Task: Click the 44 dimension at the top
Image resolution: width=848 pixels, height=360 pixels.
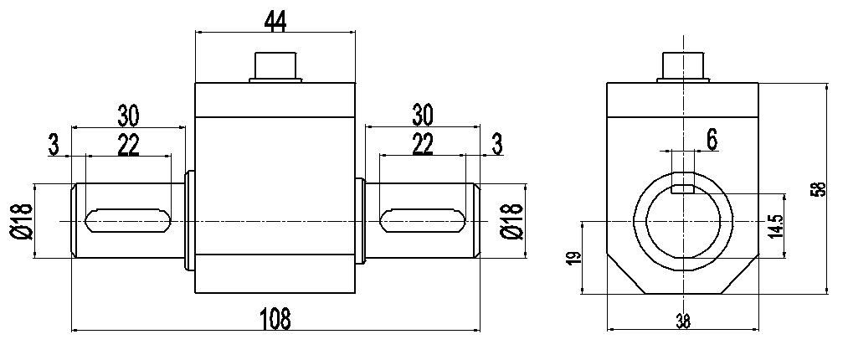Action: point(275,21)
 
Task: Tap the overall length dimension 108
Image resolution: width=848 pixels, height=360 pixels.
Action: point(275,319)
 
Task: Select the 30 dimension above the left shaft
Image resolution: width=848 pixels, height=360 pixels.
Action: point(128,116)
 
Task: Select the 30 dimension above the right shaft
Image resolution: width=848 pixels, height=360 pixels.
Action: point(423,116)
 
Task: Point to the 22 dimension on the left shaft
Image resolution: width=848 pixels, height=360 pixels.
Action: point(128,146)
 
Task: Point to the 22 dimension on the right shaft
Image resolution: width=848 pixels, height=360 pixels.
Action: point(423,146)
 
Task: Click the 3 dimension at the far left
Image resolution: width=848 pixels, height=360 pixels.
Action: point(54,146)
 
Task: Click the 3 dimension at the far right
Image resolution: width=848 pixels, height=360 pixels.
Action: point(497,144)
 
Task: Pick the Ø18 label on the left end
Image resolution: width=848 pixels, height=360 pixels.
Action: point(22,222)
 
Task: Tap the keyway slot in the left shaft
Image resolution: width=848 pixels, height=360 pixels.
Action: point(128,220)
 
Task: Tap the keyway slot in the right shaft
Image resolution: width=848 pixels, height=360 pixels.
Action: point(423,220)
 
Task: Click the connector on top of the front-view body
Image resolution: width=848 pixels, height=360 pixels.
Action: point(275,67)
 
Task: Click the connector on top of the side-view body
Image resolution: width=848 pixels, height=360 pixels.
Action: point(683,67)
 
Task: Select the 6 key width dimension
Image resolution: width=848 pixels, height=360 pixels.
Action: point(712,140)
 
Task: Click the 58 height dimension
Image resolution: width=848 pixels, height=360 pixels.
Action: point(820,188)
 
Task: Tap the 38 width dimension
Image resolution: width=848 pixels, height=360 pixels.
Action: point(683,322)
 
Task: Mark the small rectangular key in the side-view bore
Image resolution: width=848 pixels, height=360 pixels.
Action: point(683,189)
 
